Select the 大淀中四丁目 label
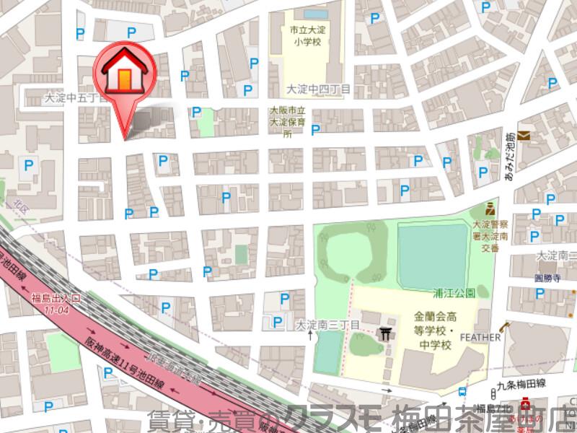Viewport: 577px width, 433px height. pyautogui.click(x=318, y=89)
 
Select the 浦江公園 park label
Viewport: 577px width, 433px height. pyautogui.click(x=454, y=294)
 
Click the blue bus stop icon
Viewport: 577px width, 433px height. pyautogui.click(x=460, y=392)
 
